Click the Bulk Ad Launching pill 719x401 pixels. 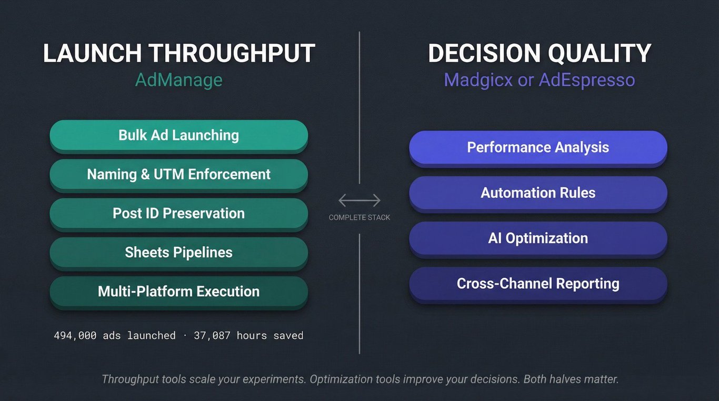click(179, 136)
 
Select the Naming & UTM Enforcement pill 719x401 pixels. click(179, 175)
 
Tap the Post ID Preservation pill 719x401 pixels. click(179, 214)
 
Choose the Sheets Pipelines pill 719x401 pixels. click(179, 254)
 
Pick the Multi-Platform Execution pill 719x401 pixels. click(179, 293)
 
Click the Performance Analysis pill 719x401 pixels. click(538, 148)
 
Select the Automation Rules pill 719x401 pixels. click(538, 194)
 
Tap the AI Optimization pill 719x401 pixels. click(538, 239)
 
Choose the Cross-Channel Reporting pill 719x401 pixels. click(538, 285)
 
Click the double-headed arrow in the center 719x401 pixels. click(359, 200)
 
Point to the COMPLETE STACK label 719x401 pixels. click(359, 217)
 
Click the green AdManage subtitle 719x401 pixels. click(179, 80)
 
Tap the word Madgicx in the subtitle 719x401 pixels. click(478, 80)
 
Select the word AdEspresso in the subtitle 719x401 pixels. click(587, 80)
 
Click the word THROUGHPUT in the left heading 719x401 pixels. click(232, 53)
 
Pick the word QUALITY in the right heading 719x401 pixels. click(600, 53)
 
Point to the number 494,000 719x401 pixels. click(75, 336)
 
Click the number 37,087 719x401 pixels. click(212, 336)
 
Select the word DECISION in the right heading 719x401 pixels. click(484, 53)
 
